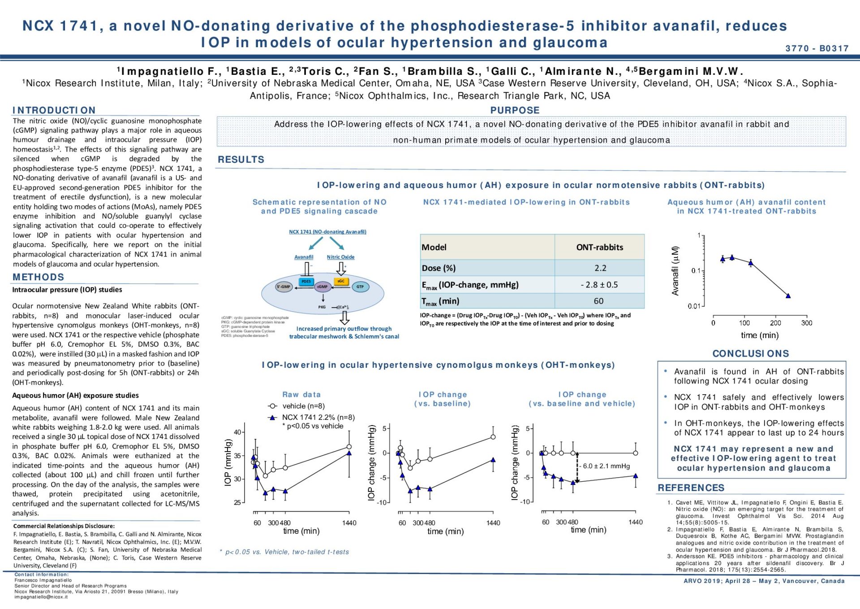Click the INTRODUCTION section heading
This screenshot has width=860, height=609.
click(x=54, y=110)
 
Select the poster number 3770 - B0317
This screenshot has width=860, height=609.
click(x=817, y=48)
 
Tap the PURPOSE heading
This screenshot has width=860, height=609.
click(x=515, y=110)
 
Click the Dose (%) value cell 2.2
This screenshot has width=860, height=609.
click(x=600, y=268)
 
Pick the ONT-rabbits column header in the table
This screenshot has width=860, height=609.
click(x=599, y=247)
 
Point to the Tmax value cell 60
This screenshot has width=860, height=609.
click(x=598, y=301)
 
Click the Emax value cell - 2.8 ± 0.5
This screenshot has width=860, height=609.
click(x=599, y=285)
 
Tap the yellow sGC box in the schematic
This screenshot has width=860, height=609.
click(x=341, y=281)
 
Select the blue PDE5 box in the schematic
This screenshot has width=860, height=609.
click(x=306, y=282)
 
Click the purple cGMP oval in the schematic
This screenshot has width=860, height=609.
click(x=322, y=287)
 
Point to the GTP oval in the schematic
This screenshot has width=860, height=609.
click(x=360, y=287)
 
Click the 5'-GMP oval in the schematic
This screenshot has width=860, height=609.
click(x=284, y=287)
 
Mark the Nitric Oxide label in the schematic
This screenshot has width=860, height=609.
click(x=340, y=257)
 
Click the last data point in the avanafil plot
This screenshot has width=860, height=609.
click(x=788, y=296)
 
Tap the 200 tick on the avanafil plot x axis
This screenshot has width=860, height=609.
click(x=775, y=323)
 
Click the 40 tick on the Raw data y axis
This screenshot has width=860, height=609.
click(x=237, y=432)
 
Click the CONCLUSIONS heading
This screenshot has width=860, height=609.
click(x=751, y=354)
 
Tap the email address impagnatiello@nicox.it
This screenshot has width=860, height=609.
click(x=41, y=597)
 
